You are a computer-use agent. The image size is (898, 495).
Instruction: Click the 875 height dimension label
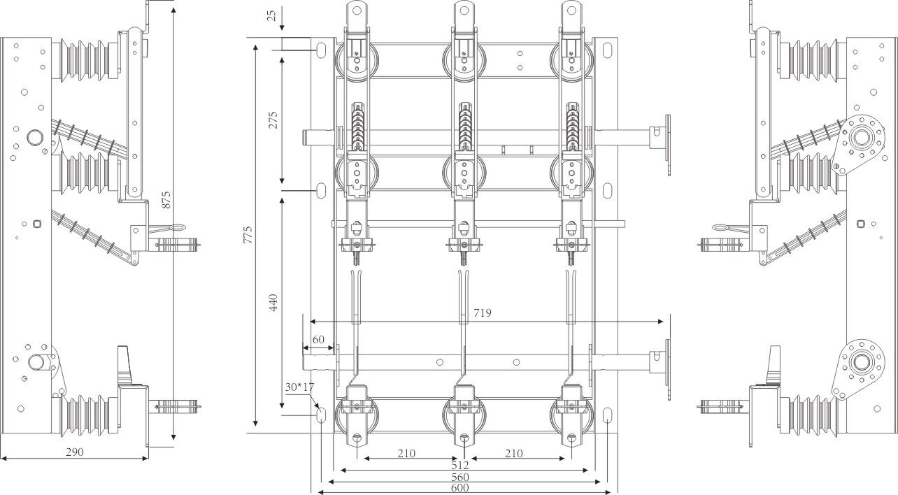coord(166,199)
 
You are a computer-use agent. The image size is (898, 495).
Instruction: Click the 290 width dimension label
coord(74,452)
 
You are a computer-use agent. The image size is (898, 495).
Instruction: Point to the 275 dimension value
coord(273,120)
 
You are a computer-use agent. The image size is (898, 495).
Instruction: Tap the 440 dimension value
coord(273,303)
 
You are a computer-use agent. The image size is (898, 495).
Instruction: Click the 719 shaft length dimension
coord(483,313)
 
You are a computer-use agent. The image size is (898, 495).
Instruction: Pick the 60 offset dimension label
coord(318,339)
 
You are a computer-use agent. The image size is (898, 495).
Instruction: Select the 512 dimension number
coord(459,464)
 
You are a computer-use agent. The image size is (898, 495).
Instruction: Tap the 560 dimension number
coord(459,477)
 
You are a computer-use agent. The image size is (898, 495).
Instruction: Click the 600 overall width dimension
coord(459,489)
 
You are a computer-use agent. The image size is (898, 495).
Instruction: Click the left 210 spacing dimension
coord(406,453)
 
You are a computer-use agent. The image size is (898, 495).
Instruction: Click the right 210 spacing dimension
coord(514,453)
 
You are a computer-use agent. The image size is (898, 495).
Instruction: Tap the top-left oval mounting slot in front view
coord(321,50)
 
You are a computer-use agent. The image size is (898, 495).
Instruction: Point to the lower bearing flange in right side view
coord(859,362)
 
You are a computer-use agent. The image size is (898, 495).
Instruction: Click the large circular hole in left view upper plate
coord(34,136)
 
